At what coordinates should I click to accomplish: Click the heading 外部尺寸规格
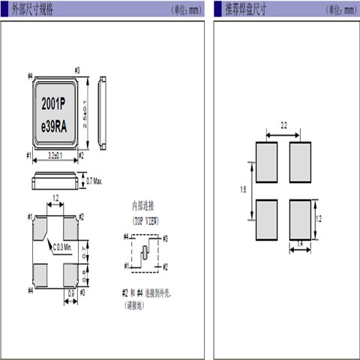click(x=36, y=9)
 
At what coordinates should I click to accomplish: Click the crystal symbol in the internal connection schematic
click(x=142, y=251)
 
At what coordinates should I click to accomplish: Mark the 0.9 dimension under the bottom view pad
click(x=70, y=292)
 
